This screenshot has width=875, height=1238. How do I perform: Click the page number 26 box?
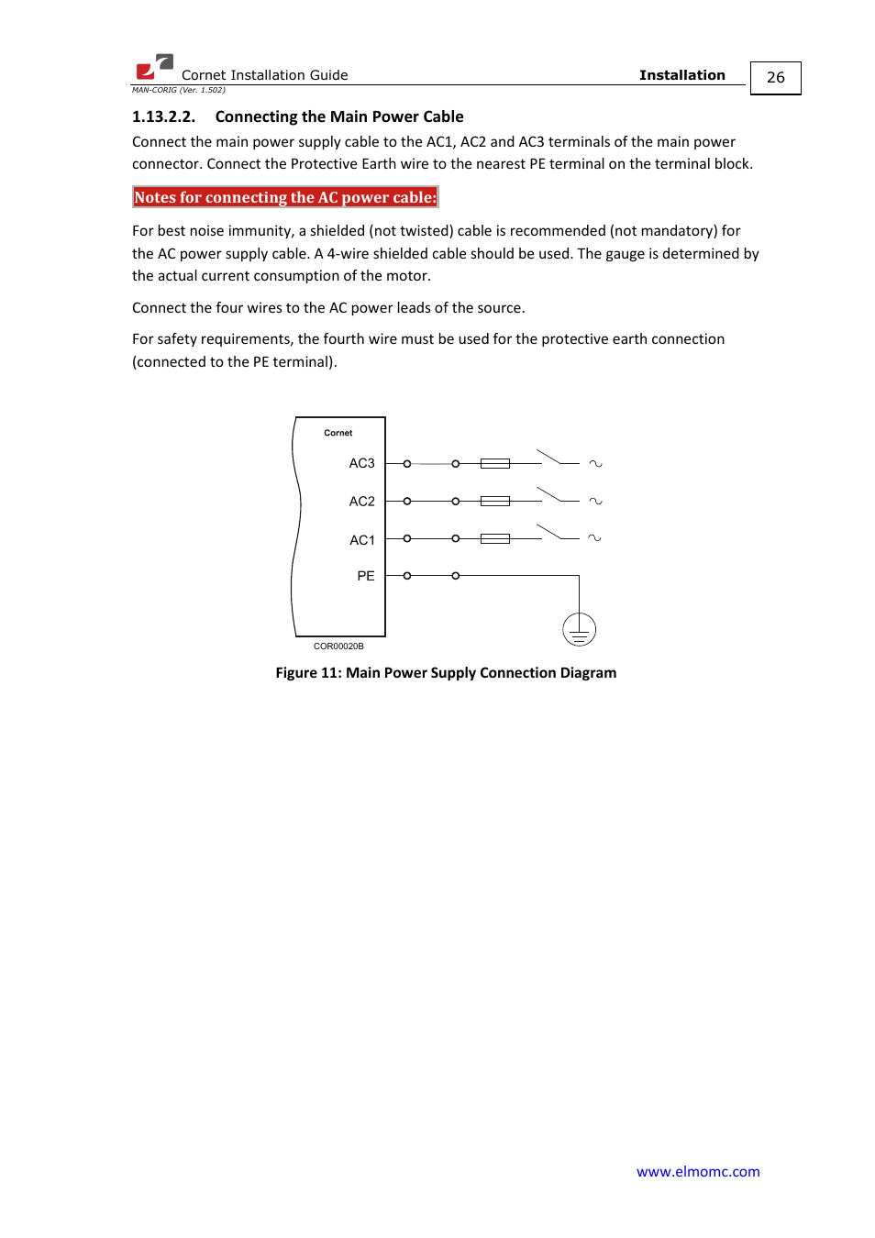(x=775, y=78)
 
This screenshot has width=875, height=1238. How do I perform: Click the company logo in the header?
(x=154, y=67)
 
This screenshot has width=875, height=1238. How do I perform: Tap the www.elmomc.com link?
(x=698, y=1171)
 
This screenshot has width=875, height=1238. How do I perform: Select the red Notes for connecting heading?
(x=285, y=197)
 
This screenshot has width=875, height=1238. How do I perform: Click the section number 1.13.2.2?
(x=163, y=116)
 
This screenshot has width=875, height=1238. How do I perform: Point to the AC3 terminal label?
(x=361, y=463)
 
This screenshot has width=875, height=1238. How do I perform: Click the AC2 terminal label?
(x=361, y=501)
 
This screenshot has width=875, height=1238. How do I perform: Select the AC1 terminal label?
(x=361, y=540)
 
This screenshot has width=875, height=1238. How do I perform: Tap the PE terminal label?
(x=365, y=576)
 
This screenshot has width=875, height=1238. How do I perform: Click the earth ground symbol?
(x=579, y=630)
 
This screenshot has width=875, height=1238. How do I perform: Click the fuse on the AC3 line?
(x=494, y=464)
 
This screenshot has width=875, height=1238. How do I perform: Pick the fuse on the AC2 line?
(x=494, y=501)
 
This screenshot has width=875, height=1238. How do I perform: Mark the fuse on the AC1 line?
(x=494, y=538)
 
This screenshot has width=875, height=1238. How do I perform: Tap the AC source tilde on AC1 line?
(x=594, y=538)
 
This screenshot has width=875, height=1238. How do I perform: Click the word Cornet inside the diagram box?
(x=338, y=433)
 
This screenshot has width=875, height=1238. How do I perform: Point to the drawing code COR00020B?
(x=338, y=647)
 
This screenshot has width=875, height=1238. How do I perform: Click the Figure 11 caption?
(x=446, y=672)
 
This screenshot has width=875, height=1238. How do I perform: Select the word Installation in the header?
(x=681, y=75)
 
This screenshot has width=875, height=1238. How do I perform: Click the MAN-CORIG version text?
(x=178, y=90)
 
